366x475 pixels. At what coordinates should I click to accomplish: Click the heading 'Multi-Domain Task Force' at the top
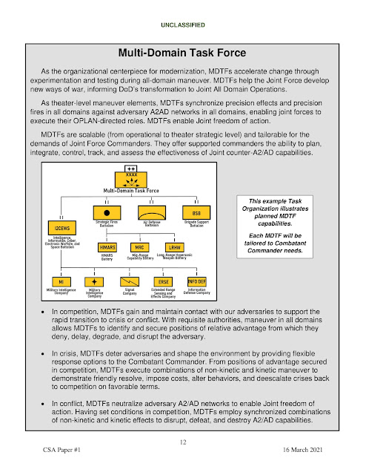(x=182, y=53)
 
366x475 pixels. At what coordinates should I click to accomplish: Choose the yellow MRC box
(x=139, y=246)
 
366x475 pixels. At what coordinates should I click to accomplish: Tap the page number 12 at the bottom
(x=182, y=442)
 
